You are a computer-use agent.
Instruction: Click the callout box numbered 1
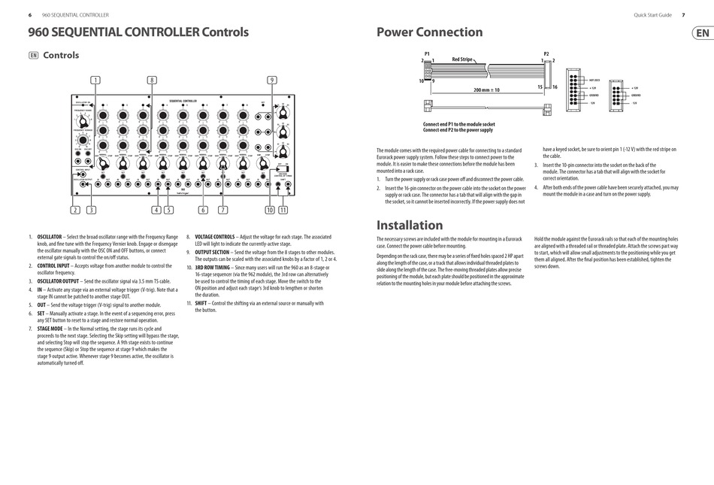(95, 80)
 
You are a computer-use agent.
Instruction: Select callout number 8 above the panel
(152, 80)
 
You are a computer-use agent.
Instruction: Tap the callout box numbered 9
(272, 80)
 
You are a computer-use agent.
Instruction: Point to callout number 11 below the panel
(283, 211)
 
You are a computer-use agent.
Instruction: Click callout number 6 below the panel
(203, 211)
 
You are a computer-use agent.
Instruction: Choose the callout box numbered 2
(75, 211)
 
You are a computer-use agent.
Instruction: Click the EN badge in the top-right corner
(701, 33)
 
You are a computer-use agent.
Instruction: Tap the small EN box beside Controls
(33, 55)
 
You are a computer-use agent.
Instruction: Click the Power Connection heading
(429, 32)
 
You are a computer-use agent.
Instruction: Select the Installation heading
(410, 225)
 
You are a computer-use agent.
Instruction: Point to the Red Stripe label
(462, 59)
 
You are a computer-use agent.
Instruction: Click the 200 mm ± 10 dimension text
(486, 89)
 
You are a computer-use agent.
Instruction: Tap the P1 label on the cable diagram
(427, 53)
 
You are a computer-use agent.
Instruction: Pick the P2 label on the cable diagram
(546, 53)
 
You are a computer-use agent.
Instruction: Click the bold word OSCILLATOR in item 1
(50, 236)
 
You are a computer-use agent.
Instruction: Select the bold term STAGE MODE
(51, 329)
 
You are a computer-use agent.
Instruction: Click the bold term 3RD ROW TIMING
(212, 267)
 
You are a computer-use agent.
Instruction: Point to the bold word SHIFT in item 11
(201, 303)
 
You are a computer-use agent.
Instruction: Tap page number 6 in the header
(29, 15)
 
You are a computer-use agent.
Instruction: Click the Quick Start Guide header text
(652, 15)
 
